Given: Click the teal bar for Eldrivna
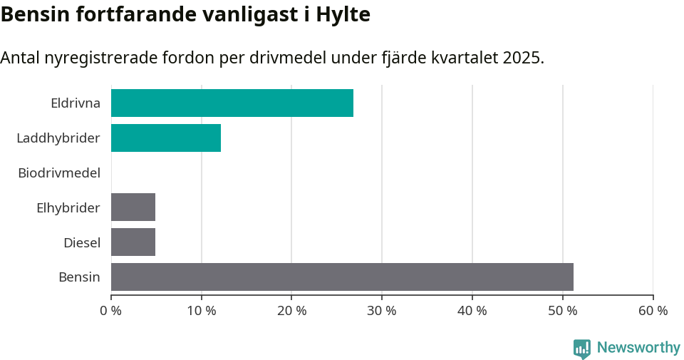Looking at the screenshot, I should (232, 103).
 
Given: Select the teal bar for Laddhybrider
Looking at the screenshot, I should (166, 138).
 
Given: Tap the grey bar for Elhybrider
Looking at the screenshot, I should (133, 207).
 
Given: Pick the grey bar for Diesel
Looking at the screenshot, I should (133, 242).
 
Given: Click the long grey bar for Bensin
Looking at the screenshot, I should (342, 277).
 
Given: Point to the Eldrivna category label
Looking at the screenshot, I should (76, 103).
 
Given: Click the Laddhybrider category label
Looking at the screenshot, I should (58, 138).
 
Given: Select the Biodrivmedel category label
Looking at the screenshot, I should (59, 173).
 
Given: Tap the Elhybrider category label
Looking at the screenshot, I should (68, 207).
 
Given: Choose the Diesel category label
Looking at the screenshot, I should (82, 242).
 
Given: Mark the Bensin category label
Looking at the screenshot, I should (79, 277).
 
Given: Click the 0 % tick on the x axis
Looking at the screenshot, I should (111, 311).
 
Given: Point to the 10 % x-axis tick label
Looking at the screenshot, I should (202, 311).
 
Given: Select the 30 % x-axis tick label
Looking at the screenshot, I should (382, 311).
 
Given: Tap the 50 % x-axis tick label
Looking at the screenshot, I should (563, 311).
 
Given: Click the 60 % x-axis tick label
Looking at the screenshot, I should (653, 311).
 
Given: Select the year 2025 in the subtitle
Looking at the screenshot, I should (522, 58).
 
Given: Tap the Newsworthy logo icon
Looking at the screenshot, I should (582, 348).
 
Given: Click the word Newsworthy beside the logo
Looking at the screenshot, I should (638, 348).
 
